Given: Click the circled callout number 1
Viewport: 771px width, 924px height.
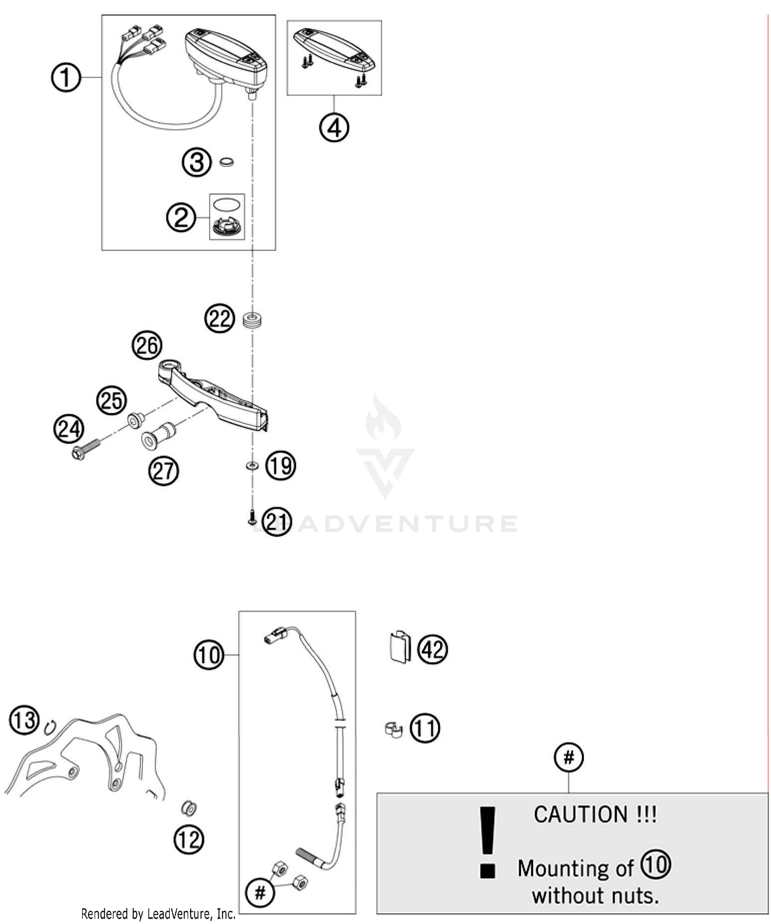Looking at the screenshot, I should click(x=66, y=78).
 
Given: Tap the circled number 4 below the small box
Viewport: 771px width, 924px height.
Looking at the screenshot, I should click(x=334, y=127).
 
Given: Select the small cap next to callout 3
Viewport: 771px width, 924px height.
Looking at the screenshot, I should click(x=226, y=162).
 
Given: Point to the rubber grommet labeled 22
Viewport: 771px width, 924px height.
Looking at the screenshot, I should click(x=252, y=321).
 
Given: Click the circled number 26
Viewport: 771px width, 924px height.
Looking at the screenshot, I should click(x=147, y=345).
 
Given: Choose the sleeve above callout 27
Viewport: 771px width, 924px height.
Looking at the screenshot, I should click(x=158, y=434).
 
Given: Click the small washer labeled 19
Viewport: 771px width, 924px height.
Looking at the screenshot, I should click(x=252, y=466).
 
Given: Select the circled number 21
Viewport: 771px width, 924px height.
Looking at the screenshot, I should click(x=277, y=522).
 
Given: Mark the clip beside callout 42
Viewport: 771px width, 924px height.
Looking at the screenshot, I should click(x=399, y=646).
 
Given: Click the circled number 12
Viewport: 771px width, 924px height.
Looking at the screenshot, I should click(x=189, y=840).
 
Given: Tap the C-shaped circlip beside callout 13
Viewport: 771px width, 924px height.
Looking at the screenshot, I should click(x=50, y=727).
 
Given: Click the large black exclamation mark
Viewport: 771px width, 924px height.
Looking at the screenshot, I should click(x=487, y=842).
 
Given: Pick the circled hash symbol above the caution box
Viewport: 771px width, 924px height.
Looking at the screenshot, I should click(x=568, y=757).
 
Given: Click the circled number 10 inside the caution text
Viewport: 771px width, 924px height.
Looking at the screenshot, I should click(x=655, y=865).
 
